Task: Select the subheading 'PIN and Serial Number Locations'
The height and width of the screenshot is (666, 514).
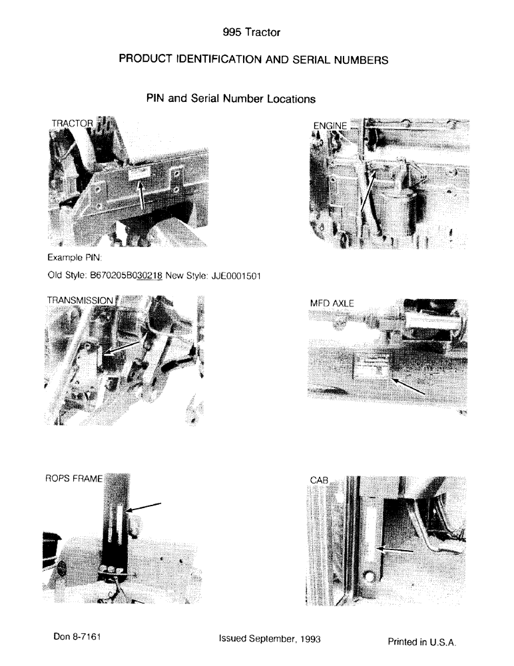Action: pyautogui.click(x=230, y=99)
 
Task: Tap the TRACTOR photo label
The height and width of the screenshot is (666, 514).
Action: pyautogui.click(x=72, y=123)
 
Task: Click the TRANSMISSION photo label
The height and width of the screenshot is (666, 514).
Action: pyautogui.click(x=80, y=300)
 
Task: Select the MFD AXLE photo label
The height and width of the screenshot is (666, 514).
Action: pyautogui.click(x=332, y=304)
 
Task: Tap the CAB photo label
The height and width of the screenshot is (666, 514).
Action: pyautogui.click(x=319, y=480)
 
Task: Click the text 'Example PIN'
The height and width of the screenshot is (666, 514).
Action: pyautogui.click(x=73, y=256)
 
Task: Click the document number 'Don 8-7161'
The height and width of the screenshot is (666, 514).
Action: pyautogui.click(x=77, y=637)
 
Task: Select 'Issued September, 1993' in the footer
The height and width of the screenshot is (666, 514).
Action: pyautogui.click(x=270, y=639)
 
